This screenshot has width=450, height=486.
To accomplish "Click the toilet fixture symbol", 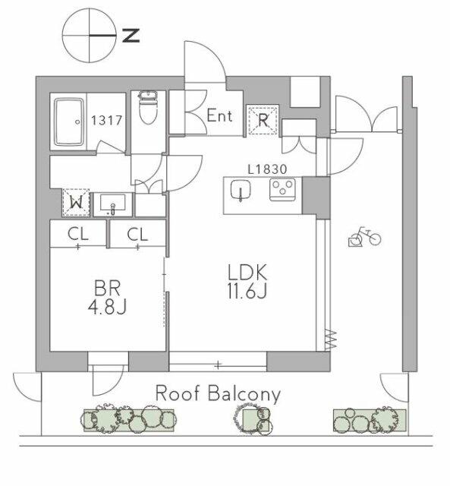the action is pos(148,107).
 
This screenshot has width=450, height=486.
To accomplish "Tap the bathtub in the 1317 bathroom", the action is pos(70,122).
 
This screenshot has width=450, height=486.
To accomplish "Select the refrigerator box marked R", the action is pos(263,120).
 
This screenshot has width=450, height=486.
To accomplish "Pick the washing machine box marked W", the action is pos(76,203).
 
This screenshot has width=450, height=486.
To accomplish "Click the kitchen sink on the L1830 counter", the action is pos(241,190).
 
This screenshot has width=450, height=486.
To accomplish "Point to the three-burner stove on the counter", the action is pos(282,190).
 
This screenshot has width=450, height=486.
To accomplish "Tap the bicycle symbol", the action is pos(364,237).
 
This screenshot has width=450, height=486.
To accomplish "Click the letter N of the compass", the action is pos(131,36).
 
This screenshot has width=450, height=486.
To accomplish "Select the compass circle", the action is pos(90,36).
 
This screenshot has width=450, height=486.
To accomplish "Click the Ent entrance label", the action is pos(219,116).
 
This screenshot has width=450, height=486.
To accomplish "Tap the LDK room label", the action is pos(247,272).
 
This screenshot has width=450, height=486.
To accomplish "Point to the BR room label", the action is pos(107,289).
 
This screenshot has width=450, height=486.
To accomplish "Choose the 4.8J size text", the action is pos(107,307).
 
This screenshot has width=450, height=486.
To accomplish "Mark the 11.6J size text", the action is pos(247,290).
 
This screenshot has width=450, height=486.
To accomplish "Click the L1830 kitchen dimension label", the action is pos(268,169).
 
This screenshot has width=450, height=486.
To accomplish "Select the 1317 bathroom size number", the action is pos(106,120).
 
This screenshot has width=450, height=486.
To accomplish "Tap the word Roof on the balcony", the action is pos(177,393).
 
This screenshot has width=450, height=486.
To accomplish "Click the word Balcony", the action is pos(244,395).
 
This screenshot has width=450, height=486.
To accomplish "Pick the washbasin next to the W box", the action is pos(113,204).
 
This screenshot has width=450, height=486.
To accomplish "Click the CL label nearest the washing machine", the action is pos(78,235).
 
